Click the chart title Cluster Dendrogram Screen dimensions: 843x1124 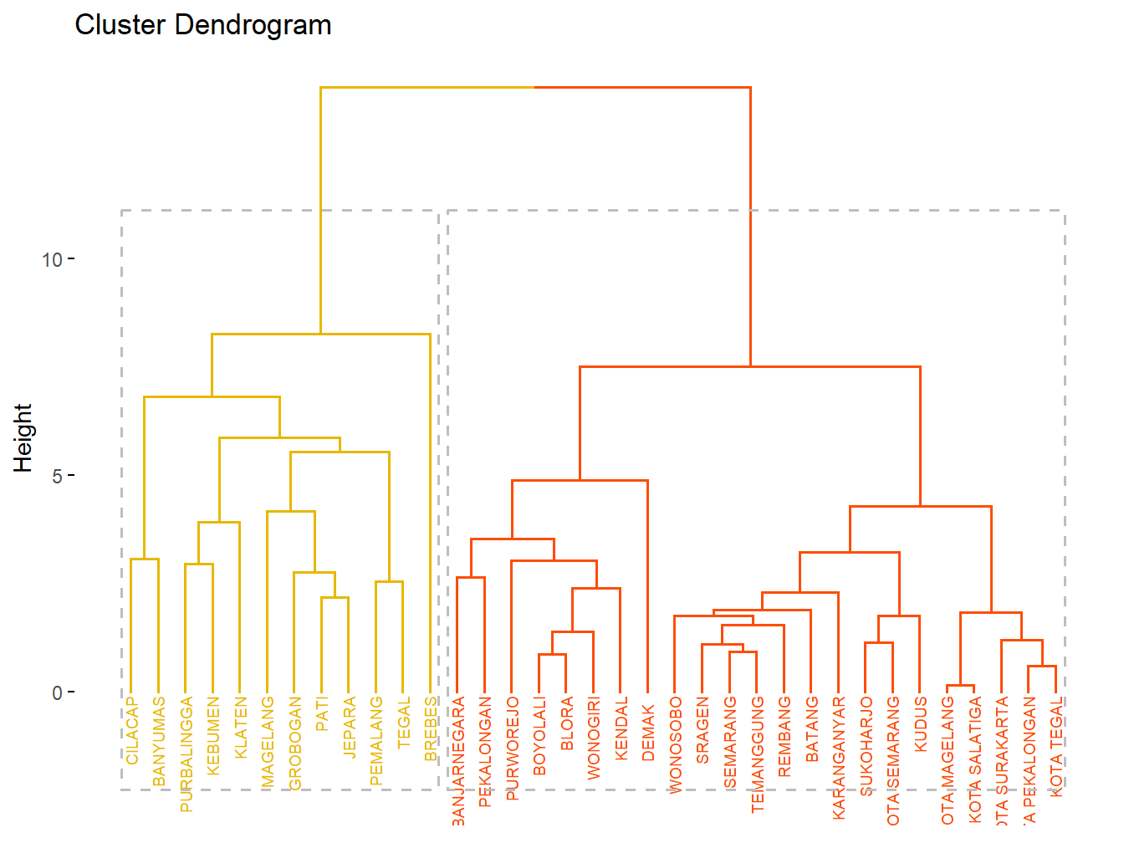[x=203, y=25]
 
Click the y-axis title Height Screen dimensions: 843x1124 [x=23, y=438]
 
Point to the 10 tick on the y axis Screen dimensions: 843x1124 [x=53, y=259]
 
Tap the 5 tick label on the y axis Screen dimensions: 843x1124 [x=57, y=476]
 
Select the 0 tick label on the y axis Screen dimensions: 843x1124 [x=57, y=692]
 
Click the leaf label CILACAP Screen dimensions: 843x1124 [x=132, y=730]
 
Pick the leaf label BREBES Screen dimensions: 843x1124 [x=431, y=728]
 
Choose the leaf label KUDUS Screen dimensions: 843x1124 [x=920, y=724]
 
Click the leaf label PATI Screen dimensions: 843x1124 [x=322, y=714]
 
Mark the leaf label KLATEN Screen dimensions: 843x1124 [x=241, y=728]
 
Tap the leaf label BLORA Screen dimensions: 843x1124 [x=567, y=723]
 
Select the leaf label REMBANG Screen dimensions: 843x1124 [x=784, y=737]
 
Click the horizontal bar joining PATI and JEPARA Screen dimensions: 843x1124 [x=335, y=597]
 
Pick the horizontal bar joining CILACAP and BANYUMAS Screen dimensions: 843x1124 [x=145, y=559]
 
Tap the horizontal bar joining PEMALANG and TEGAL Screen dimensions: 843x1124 [x=389, y=581]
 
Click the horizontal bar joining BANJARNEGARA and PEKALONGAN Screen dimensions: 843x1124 [x=470, y=577]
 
